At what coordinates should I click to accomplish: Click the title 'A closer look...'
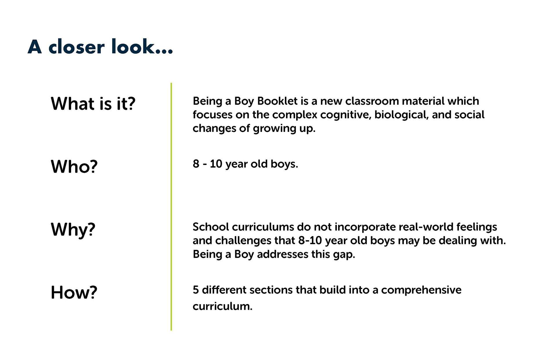click(x=100, y=47)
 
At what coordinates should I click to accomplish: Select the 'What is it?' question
click(x=93, y=103)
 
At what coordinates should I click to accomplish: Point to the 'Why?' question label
click(x=73, y=230)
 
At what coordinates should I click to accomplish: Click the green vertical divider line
click(x=171, y=207)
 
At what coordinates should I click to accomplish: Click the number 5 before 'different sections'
click(x=196, y=290)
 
